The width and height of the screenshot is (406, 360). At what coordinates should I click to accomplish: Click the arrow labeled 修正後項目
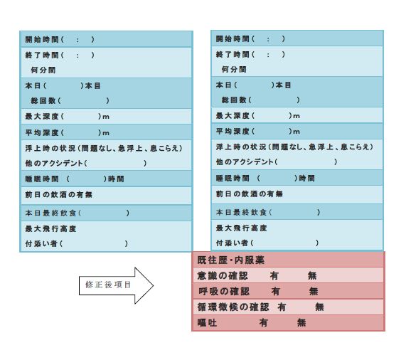[x=117, y=285]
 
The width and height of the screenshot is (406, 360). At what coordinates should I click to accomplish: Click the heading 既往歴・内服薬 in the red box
[x=230, y=260]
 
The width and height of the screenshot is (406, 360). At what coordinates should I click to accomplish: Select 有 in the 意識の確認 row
[x=274, y=275]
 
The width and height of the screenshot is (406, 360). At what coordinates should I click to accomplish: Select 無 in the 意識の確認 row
[x=312, y=275]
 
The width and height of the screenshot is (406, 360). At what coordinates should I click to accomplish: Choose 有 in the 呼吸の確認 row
[x=276, y=292]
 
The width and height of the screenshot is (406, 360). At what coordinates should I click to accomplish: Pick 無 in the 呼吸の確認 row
[x=314, y=292]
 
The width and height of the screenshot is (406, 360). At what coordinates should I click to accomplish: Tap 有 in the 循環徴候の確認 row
[x=282, y=307]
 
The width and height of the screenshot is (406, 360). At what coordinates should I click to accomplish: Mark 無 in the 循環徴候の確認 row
[x=320, y=307]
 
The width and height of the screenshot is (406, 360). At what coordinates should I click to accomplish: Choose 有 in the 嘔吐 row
[x=264, y=323]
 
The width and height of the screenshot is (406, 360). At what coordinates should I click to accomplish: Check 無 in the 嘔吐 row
[x=301, y=323]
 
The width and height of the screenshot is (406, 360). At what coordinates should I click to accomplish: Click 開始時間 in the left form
[x=42, y=39]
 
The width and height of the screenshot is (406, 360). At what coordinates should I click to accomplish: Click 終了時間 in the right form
[x=233, y=54]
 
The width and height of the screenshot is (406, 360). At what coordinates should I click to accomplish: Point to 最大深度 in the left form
[x=42, y=116]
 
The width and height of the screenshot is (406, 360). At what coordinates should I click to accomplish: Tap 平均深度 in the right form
[x=233, y=132]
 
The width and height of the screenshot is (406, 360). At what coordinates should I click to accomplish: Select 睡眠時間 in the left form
[x=42, y=179]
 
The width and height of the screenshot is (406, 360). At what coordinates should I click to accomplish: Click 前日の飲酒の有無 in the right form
[x=250, y=194]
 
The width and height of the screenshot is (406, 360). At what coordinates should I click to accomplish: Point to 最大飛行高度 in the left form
[x=50, y=228]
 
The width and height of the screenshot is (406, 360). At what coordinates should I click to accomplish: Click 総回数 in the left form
[x=43, y=100]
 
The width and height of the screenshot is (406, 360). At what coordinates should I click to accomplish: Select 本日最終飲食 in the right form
[x=241, y=213]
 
